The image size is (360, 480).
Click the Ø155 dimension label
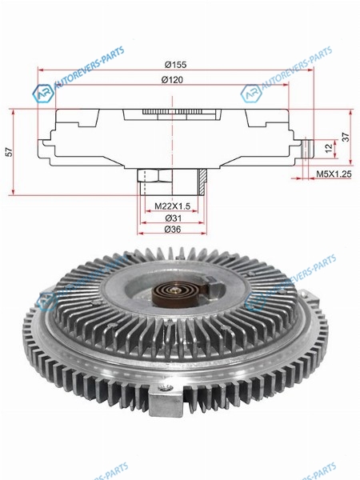175,65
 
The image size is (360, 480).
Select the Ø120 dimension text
172,80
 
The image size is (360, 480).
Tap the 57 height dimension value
10,152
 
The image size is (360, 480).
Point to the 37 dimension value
346,137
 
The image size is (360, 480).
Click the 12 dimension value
329,148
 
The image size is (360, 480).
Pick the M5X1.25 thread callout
334,174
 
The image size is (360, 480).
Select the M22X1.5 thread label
172,206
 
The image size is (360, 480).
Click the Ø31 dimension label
174,218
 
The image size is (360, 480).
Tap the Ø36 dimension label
173,229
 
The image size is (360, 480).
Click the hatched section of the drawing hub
202,182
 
